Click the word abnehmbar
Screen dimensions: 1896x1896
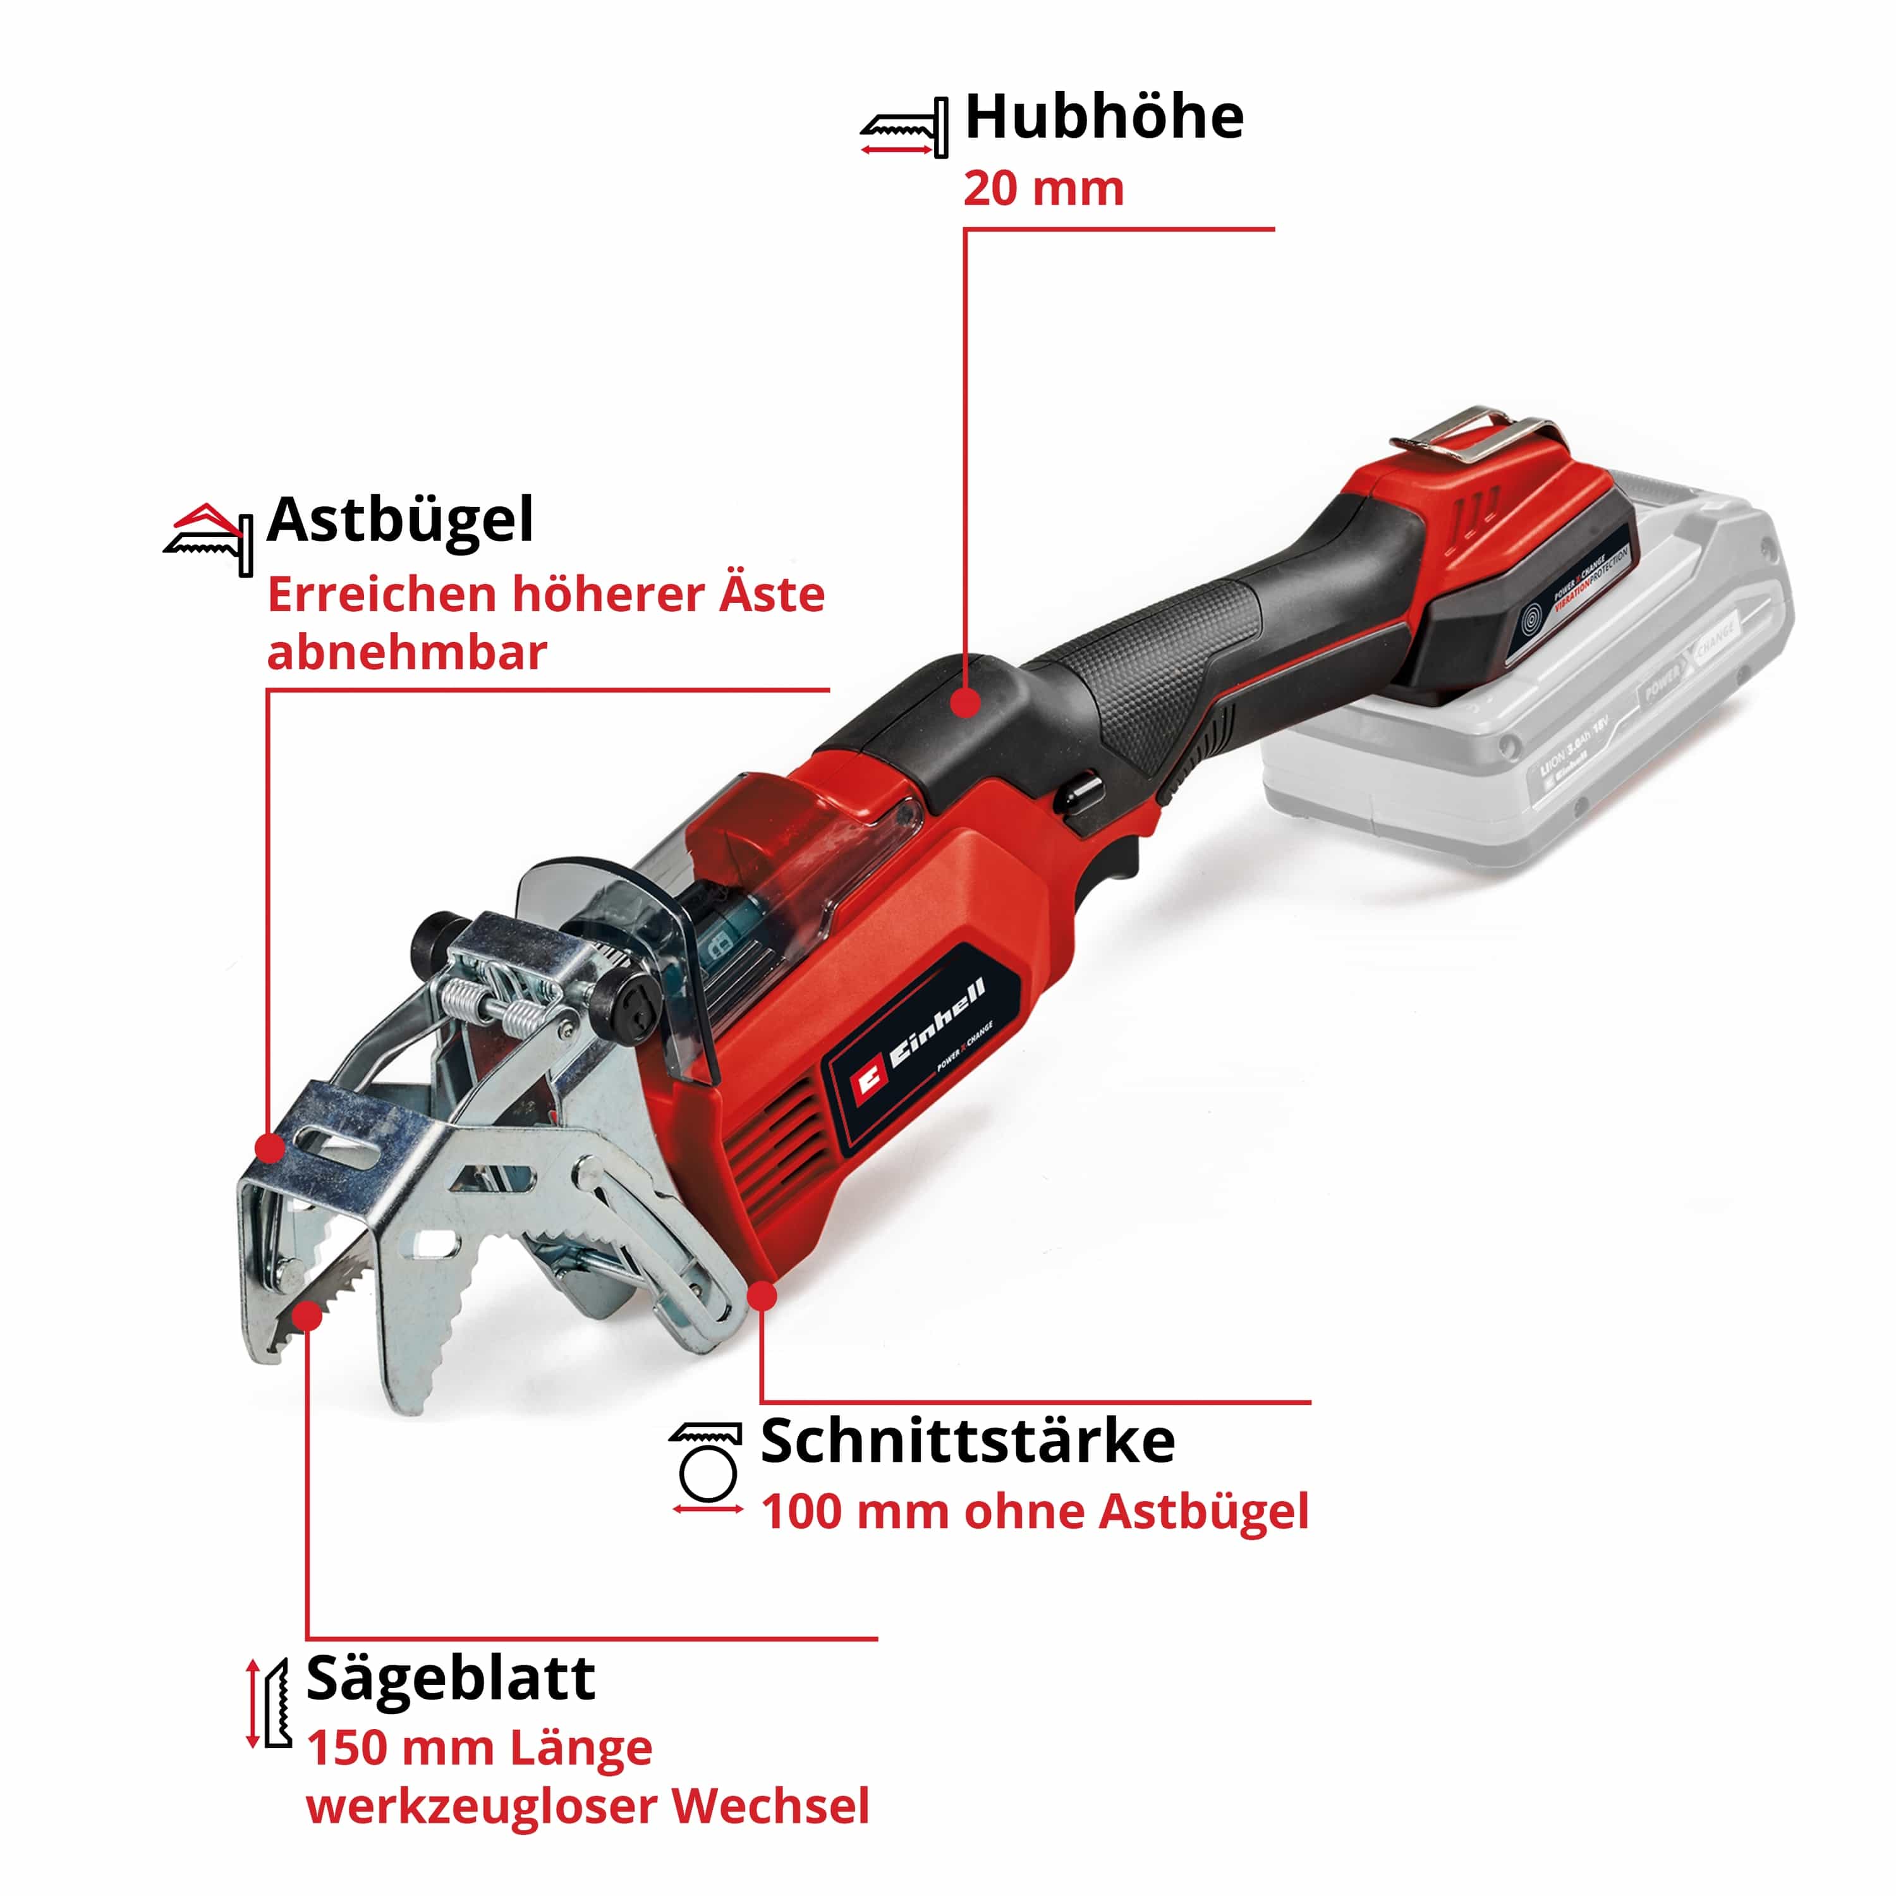(x=407, y=653)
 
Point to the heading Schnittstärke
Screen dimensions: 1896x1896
(x=968, y=1442)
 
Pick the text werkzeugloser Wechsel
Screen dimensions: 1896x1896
(x=588, y=1807)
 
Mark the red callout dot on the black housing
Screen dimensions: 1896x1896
(x=967, y=703)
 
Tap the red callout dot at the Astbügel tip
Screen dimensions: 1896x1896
(x=269, y=1147)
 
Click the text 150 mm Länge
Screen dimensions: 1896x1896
(x=480, y=1748)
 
